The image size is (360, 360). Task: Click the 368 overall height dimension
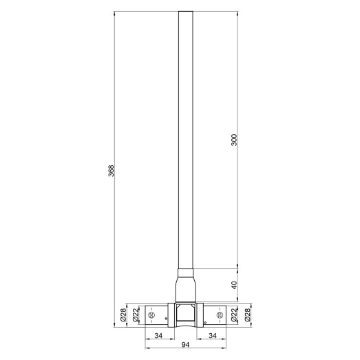tap(111, 170)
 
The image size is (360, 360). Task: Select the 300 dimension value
tap(234, 140)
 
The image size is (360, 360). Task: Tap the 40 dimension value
tap(234, 285)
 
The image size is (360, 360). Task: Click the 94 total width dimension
tap(186, 345)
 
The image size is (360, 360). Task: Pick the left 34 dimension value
tap(158, 335)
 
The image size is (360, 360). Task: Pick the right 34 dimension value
tap(213, 335)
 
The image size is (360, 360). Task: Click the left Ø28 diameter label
tap(123, 315)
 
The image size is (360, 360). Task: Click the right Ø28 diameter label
tap(247, 315)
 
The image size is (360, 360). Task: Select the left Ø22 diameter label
tap(136, 315)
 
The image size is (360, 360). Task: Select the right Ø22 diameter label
tap(234, 315)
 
